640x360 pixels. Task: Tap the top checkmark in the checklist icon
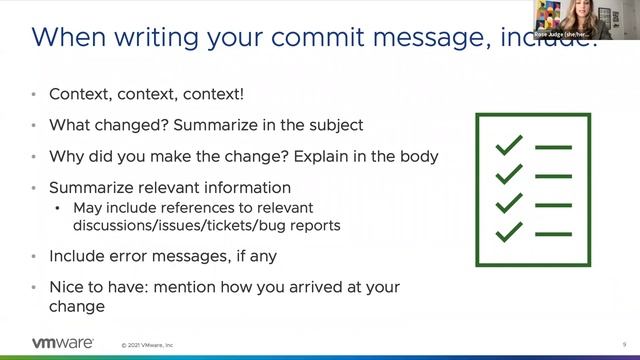pos(510,146)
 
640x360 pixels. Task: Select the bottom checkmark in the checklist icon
pos(510,232)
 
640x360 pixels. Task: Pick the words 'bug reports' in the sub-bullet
pos(300,225)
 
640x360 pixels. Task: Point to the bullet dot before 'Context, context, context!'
pos(35,94)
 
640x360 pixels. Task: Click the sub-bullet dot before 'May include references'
pos(58,208)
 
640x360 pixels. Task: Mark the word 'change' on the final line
pos(77,308)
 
